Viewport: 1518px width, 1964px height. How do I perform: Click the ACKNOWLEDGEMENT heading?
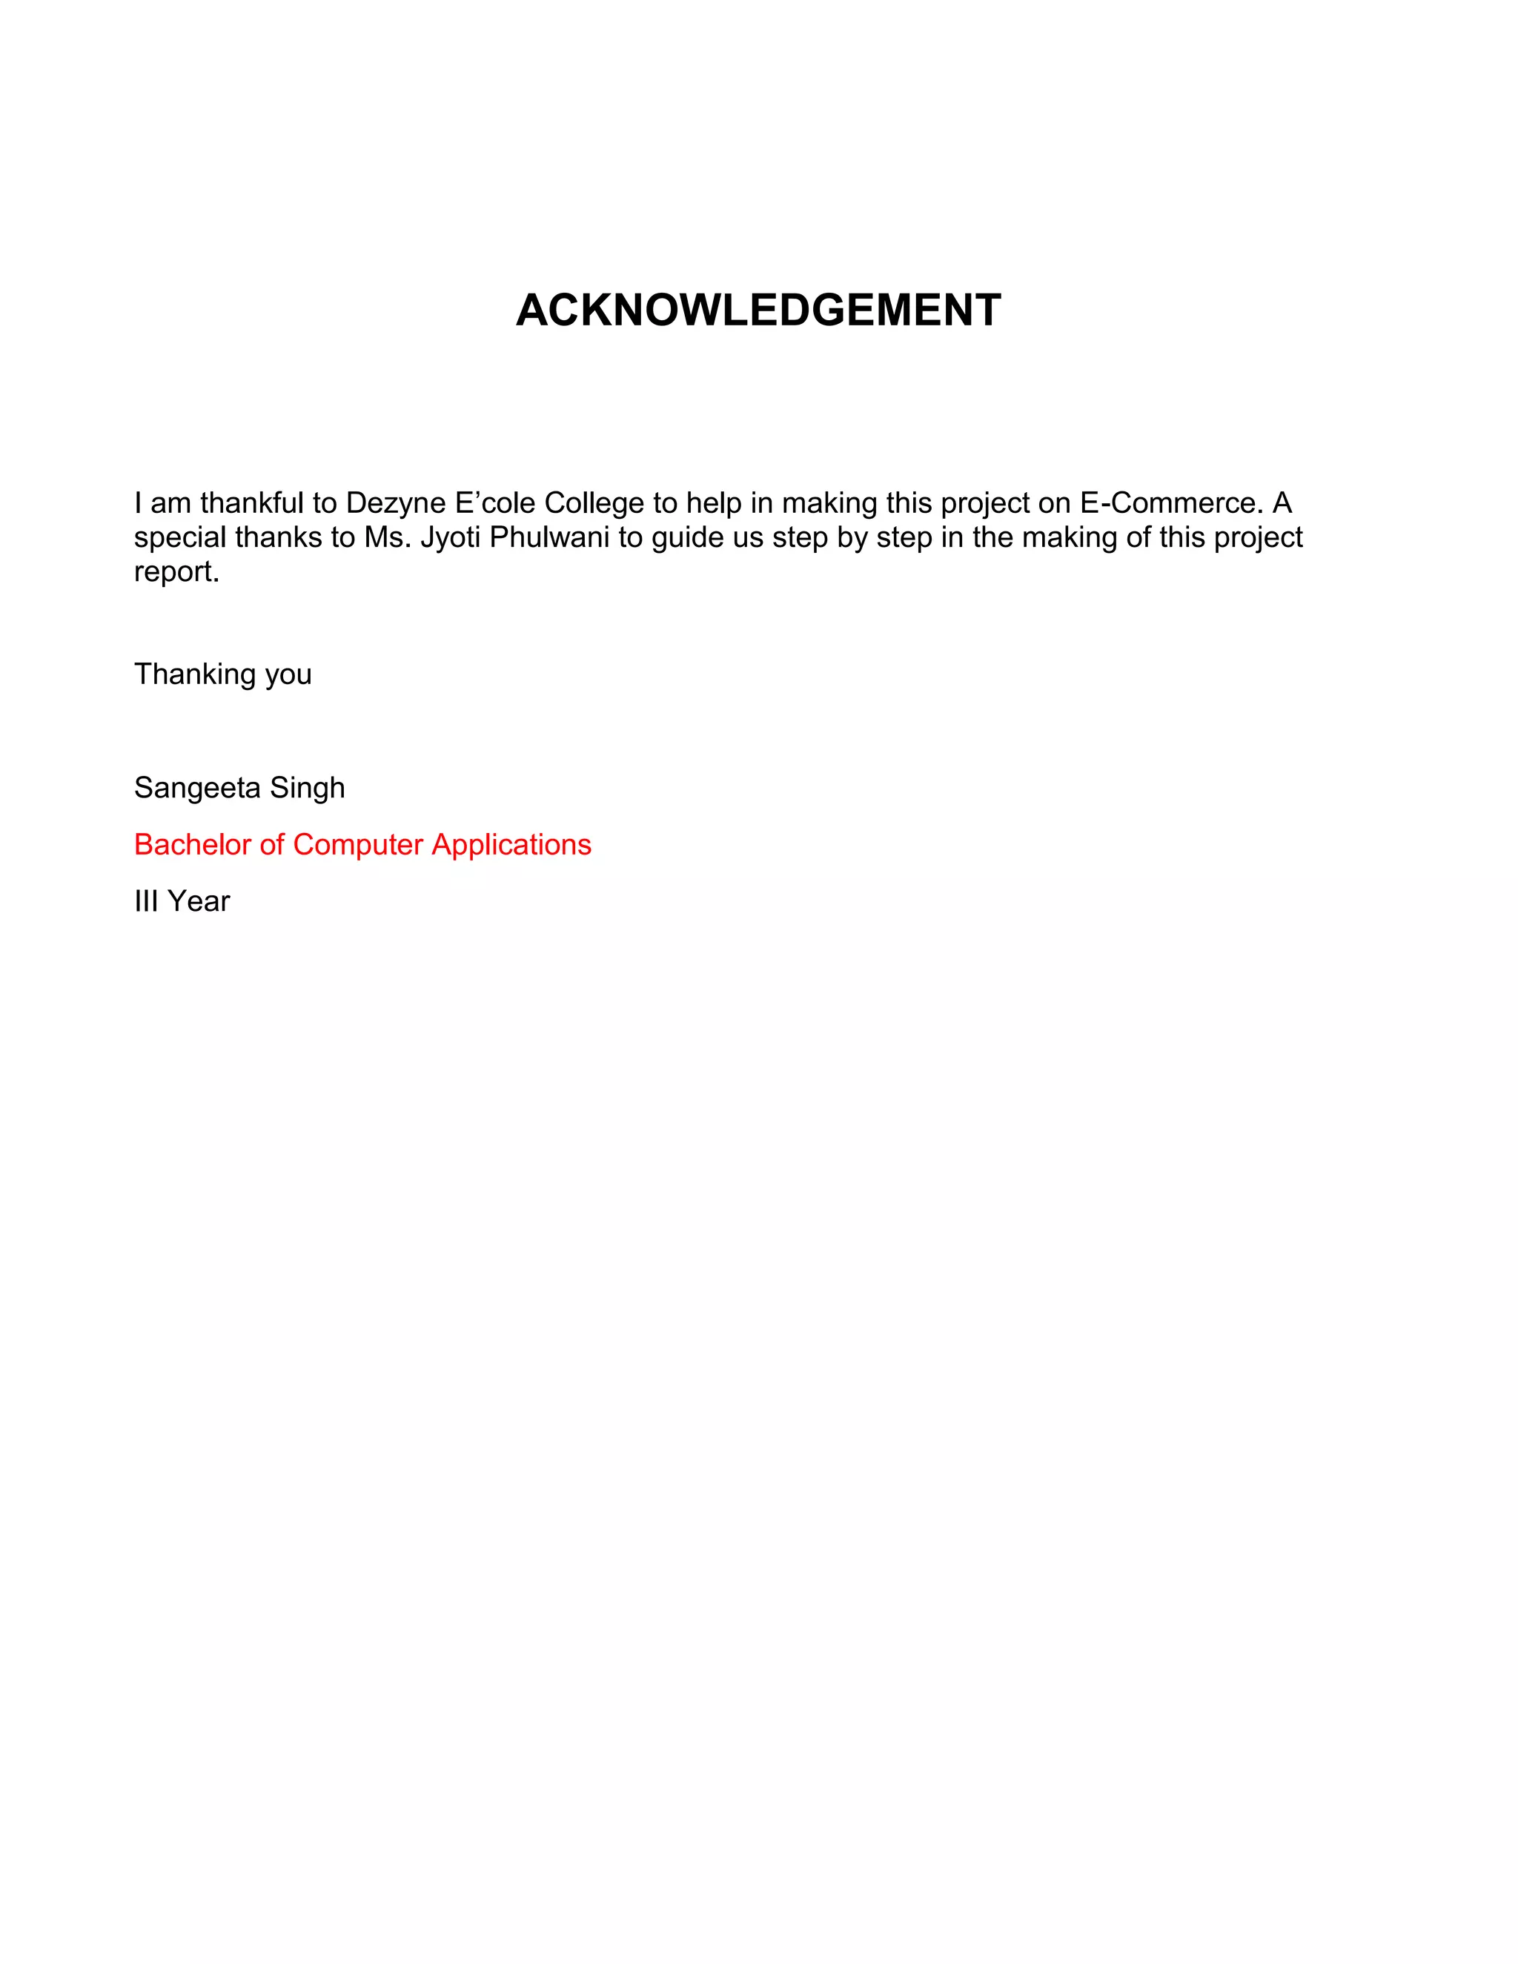tap(758, 311)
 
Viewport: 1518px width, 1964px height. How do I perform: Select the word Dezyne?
tap(396, 502)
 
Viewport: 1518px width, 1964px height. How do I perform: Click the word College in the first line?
tap(594, 502)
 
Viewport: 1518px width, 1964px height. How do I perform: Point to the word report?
tap(176, 572)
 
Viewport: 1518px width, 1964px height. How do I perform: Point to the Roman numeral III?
tap(147, 901)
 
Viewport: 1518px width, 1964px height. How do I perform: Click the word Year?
tap(199, 901)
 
